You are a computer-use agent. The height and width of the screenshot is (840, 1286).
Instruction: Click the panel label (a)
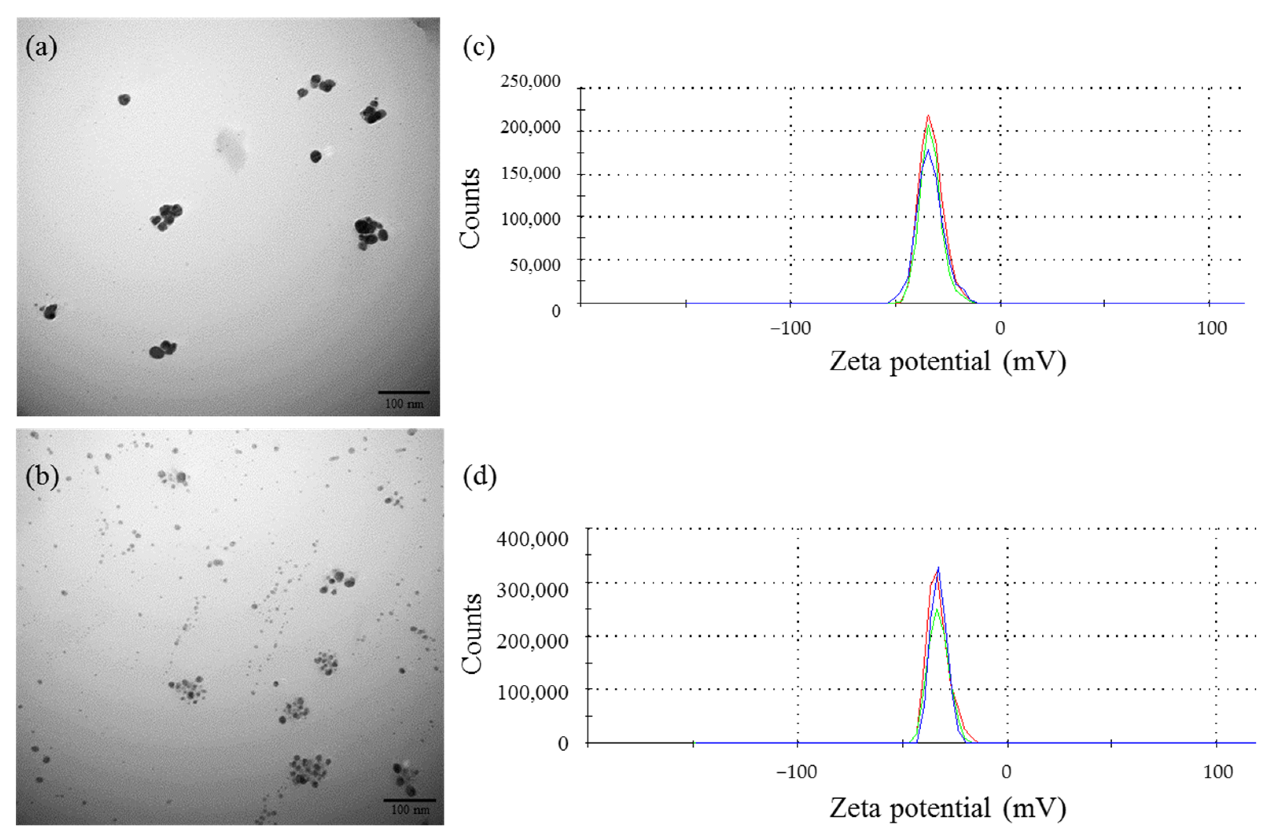pos(41,48)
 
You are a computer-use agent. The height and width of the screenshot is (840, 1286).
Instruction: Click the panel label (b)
pos(42,476)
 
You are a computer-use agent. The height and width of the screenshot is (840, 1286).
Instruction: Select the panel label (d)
pos(479,476)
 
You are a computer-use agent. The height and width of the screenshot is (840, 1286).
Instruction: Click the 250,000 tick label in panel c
pos(530,82)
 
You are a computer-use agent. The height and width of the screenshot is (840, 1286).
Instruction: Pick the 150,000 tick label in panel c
pos(530,173)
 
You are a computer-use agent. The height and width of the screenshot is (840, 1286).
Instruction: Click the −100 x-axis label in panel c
pos(790,328)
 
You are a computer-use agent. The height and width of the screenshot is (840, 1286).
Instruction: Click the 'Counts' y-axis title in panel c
pos(470,208)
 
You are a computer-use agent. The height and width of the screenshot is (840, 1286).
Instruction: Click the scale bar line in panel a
pos(404,392)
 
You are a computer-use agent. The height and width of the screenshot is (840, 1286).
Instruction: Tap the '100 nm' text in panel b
pos(410,810)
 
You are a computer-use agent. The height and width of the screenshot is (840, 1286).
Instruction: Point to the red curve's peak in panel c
pos(928,116)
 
